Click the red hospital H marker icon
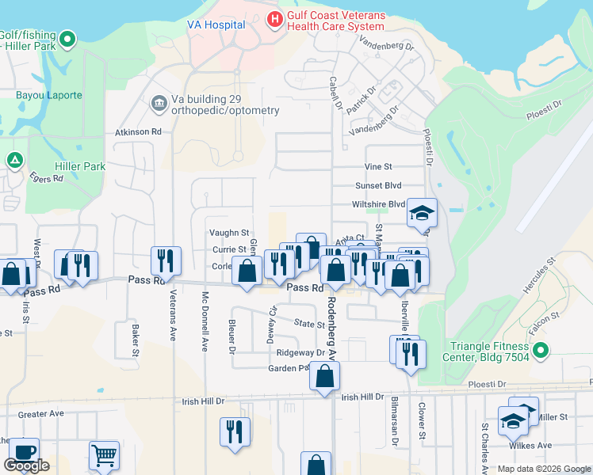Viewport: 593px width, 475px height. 275,18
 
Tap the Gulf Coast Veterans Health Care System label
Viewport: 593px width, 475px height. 335,20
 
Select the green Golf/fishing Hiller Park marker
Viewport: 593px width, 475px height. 67,38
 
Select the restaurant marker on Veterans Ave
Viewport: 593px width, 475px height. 166,259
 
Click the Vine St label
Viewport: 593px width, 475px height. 378,167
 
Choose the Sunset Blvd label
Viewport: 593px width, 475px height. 379,185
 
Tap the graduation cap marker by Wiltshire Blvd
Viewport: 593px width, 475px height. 423,211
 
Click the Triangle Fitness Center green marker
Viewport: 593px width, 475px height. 541,349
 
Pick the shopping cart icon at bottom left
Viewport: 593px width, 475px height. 104,454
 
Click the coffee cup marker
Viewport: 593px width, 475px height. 24,451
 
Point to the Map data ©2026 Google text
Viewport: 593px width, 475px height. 543,469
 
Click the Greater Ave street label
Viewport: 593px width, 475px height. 40,413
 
